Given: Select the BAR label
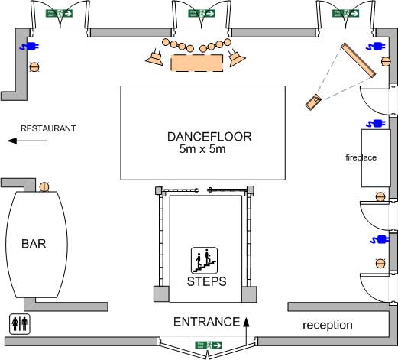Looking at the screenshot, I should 36,245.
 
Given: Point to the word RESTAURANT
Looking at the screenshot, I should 47,128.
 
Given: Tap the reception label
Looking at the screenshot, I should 328,325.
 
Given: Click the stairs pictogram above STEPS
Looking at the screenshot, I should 204,260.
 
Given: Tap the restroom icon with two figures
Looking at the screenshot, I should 20,323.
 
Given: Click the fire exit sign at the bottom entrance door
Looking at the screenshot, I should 207,345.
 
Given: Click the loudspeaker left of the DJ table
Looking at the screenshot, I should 156,56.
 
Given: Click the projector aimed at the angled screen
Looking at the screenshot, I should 312,101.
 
